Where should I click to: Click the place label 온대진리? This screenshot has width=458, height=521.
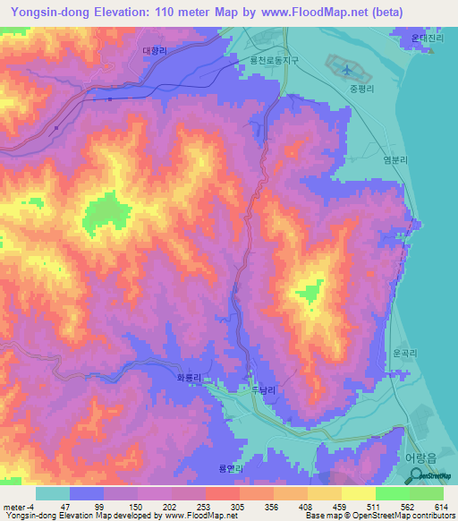tap(427, 39)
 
